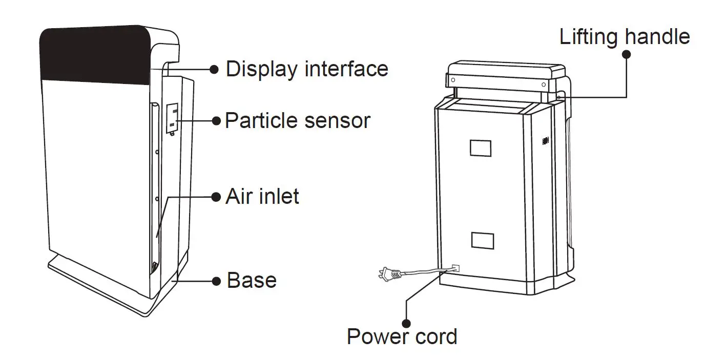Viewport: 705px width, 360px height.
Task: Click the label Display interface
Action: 306,69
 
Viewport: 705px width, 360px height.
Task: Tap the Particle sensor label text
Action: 297,121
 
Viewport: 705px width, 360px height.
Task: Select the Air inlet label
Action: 262,197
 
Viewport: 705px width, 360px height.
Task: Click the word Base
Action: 252,281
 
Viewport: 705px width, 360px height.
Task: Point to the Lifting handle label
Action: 624,37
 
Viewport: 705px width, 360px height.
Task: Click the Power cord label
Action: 402,337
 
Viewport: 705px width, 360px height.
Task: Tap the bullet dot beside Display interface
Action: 215,69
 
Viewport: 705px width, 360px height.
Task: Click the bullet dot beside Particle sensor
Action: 216,121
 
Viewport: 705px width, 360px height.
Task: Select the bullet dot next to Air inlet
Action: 216,197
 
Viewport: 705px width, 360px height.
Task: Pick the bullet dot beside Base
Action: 216,281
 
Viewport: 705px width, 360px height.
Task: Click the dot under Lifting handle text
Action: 626,54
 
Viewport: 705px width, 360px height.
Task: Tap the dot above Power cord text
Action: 407,323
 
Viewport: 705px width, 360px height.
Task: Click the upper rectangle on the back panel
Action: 480,148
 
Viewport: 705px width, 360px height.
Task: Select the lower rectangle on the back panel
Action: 482,240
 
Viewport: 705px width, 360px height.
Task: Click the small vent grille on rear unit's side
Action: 545,139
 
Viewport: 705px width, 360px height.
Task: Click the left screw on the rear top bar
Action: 452,79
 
